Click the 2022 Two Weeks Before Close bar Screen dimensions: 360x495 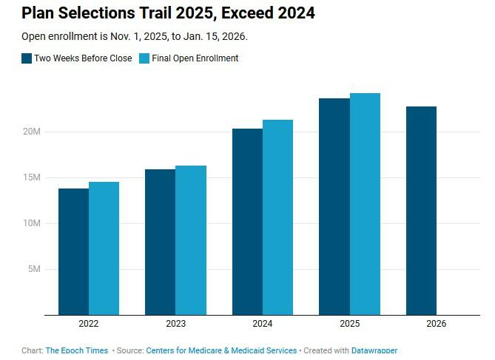(x=74, y=251)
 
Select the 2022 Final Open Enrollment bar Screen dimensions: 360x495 (x=104, y=248)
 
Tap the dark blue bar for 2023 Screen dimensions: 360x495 (x=161, y=242)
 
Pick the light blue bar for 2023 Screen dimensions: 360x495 (x=191, y=240)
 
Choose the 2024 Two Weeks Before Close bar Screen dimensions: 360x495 (x=247, y=222)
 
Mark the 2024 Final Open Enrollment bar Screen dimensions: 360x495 (x=277, y=217)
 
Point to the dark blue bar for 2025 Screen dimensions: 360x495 (x=334, y=206)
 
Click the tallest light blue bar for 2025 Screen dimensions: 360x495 (x=365, y=204)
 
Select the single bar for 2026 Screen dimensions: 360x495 (x=421, y=211)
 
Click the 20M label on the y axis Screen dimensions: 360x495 (x=31, y=132)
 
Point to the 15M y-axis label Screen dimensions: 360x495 (x=31, y=177)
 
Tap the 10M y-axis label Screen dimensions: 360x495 (x=31, y=223)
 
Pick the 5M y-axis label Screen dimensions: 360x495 (x=33, y=269)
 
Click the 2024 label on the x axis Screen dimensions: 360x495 (x=262, y=324)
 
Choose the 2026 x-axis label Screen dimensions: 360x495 (x=436, y=324)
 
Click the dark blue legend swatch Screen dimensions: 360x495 (x=27, y=58)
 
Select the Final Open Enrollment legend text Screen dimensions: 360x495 (x=195, y=58)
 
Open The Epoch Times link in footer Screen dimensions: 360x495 (x=77, y=350)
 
